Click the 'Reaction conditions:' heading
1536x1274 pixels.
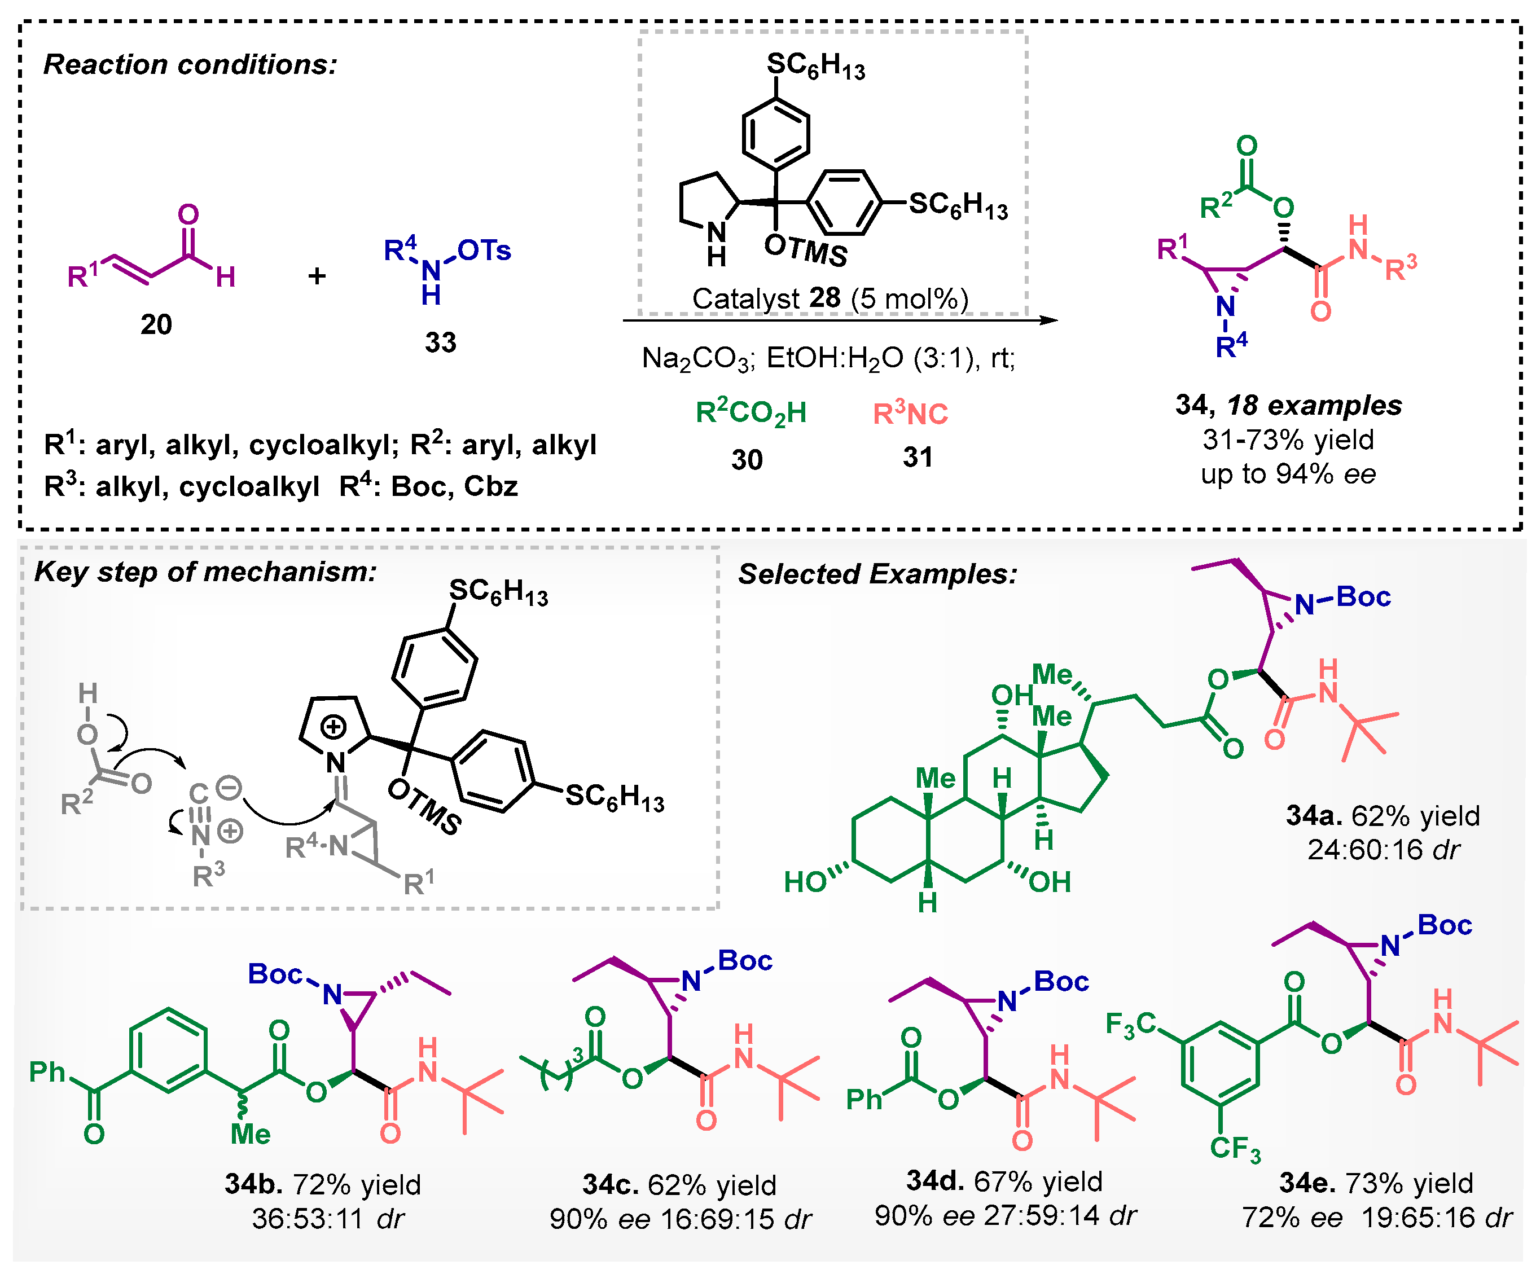tap(190, 64)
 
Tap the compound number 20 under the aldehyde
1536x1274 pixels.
tap(156, 324)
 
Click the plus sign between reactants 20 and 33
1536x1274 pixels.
tap(317, 276)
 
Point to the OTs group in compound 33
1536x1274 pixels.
tap(484, 251)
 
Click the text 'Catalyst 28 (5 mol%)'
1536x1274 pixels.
tap(830, 298)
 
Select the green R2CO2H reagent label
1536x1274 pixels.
tap(751, 413)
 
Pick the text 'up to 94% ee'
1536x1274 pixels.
tap(1288, 474)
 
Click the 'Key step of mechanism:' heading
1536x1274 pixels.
tap(205, 571)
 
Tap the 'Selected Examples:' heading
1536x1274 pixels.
tap(877, 574)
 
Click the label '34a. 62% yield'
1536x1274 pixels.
tap(1383, 815)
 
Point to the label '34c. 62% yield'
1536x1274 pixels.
tap(679, 1185)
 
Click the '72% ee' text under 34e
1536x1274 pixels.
tap(1292, 1218)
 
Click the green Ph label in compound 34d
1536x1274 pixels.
tap(864, 1099)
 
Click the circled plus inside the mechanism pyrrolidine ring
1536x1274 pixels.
tap(333, 727)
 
